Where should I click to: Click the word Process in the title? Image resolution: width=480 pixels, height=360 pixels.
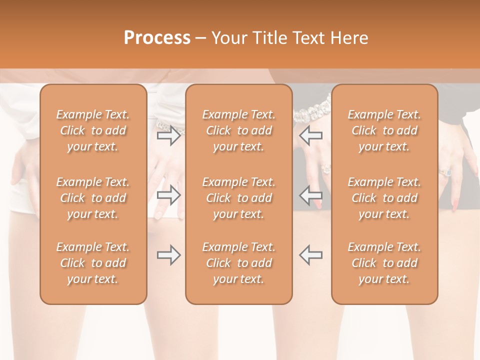point(157,38)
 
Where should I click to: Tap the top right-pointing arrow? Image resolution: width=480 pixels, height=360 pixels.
point(168,135)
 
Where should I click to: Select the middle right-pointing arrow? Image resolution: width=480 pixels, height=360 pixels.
point(168,195)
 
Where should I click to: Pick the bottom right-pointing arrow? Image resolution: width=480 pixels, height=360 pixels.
point(168,255)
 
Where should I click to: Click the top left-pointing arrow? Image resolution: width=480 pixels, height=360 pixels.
point(311,135)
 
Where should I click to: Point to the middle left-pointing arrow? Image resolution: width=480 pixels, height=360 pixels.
point(311,195)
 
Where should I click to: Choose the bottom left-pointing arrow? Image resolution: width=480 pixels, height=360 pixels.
point(311,255)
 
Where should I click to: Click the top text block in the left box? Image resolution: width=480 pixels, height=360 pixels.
point(93,130)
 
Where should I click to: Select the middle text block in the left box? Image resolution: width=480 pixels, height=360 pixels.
point(93,198)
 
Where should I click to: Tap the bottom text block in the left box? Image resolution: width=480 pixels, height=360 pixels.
point(93,263)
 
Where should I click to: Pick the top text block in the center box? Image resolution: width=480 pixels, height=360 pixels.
point(238,130)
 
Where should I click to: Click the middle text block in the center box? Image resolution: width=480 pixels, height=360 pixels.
point(238,198)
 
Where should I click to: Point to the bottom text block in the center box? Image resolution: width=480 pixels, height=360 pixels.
point(238,263)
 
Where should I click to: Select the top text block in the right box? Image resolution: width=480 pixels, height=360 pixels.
point(384,130)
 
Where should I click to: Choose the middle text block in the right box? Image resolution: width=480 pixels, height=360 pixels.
point(384,198)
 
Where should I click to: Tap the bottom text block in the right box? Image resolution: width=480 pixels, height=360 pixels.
point(384,263)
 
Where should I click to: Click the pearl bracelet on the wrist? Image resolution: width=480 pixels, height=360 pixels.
point(312,111)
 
